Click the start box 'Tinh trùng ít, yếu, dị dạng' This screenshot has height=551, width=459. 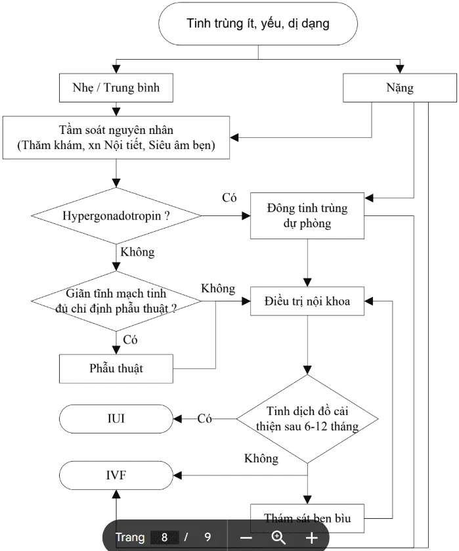(258, 25)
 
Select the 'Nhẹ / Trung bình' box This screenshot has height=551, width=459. (116, 88)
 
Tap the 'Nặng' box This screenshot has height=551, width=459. (400, 87)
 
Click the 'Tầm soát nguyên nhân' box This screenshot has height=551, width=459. (116, 138)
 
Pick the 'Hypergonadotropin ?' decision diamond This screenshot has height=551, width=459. (116, 215)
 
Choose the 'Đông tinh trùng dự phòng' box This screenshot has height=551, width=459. (307, 216)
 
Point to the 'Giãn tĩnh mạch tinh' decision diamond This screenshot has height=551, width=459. (116, 301)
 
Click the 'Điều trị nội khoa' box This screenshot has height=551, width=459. (307, 302)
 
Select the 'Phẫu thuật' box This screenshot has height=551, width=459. (116, 368)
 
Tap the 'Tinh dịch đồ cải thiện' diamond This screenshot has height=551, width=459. (307, 418)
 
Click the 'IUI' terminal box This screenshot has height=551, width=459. (116, 418)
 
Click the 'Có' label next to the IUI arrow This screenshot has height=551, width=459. (205, 419)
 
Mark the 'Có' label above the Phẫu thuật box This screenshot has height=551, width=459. (131, 340)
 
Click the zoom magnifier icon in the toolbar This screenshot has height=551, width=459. (278, 537)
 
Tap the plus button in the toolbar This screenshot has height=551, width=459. (311, 537)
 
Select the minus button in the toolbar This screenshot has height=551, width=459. (246, 537)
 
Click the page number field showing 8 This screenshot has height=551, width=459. (164, 537)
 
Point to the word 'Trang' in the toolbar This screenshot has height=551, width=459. (130, 537)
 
